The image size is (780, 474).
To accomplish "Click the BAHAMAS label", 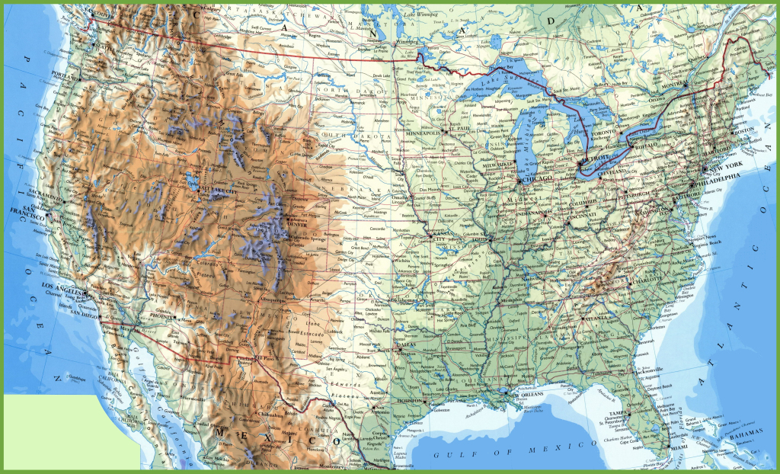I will pyautogui.click(x=745, y=433).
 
